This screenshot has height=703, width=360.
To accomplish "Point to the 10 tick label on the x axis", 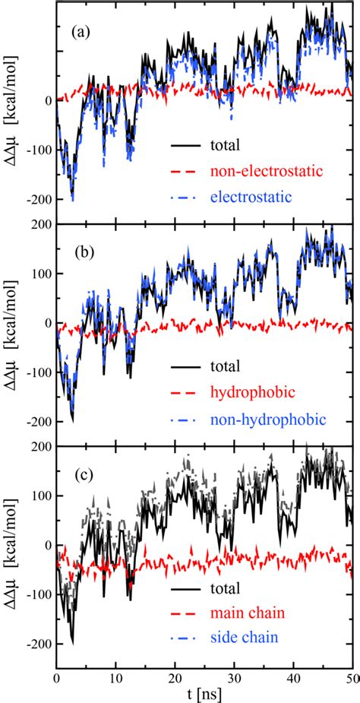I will pos(115,676).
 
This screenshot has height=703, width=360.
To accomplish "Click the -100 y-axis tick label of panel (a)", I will pos(36,150).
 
